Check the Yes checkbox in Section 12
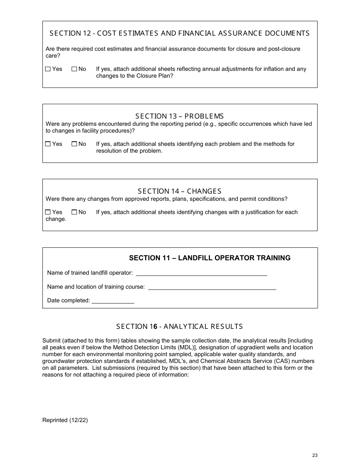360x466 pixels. [48, 69]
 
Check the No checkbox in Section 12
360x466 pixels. [74, 69]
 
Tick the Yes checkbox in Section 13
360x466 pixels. [48, 144]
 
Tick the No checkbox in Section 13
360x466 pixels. [74, 144]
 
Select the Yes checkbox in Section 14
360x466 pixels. [48, 212]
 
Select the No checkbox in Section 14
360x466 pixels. [74, 212]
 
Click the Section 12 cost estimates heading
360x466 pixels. [180, 33]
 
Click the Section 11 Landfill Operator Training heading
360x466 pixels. [210, 258]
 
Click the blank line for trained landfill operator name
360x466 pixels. [201, 274]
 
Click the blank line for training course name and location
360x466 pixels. [212, 288]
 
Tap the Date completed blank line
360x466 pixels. [113, 301]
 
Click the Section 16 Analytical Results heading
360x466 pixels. [180, 327]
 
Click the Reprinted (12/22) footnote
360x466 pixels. [65, 420]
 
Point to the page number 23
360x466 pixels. [315, 455]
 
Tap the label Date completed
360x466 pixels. [68, 300]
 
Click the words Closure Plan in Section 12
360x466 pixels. [154, 76]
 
